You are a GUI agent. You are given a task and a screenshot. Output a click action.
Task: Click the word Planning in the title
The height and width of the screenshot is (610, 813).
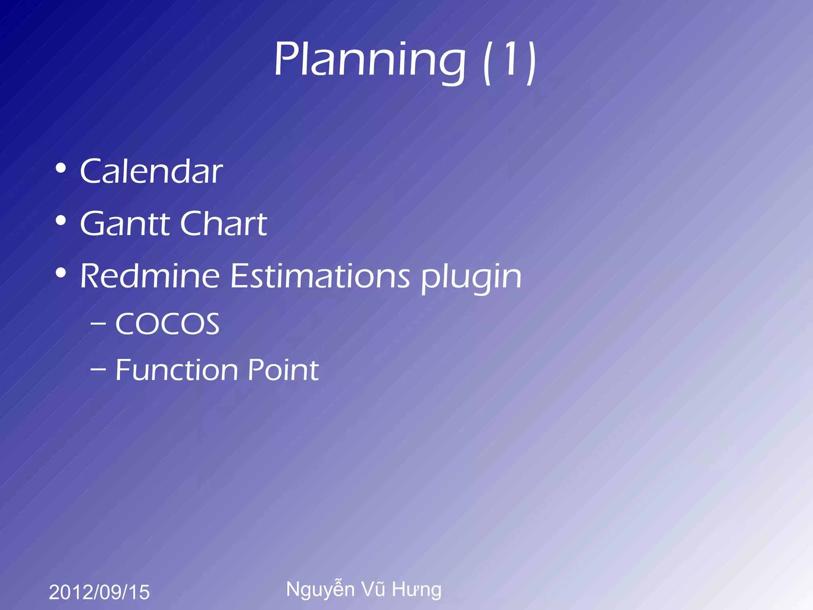tap(369, 60)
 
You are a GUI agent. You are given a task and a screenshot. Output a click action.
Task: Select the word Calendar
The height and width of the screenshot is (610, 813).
tap(151, 171)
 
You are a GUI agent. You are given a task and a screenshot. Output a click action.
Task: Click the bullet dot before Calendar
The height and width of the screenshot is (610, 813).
tap(61, 168)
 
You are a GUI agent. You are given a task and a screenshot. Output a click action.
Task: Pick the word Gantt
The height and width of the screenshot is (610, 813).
tap(126, 224)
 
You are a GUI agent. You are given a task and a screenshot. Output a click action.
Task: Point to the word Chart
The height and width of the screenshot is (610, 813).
tap(223, 224)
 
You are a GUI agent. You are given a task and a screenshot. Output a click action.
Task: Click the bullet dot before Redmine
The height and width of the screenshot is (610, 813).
tap(61, 273)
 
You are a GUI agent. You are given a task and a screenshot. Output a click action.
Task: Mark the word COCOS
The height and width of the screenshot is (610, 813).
tap(167, 324)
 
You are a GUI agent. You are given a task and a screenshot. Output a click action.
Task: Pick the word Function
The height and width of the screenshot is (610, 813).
tap(177, 370)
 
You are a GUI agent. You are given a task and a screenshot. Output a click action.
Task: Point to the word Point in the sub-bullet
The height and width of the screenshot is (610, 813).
tap(283, 370)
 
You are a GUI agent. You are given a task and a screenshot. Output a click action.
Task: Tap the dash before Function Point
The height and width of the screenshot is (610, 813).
tap(98, 370)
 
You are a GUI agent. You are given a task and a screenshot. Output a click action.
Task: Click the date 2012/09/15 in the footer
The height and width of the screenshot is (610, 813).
tap(99, 592)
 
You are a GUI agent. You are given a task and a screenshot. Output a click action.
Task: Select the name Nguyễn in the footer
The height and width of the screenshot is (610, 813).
tap(320, 589)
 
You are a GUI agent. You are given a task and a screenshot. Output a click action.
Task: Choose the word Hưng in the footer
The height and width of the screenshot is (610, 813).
tap(416, 590)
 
